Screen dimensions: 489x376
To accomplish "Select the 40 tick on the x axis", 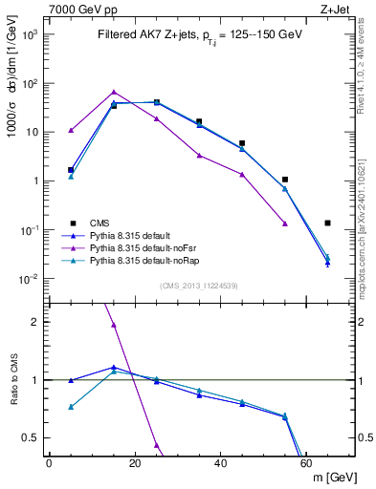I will (x=221, y=463).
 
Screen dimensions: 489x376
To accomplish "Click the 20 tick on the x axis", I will (x=135, y=463).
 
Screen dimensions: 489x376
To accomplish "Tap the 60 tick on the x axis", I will (x=307, y=463).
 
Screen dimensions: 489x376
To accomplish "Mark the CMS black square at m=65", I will (x=328, y=223).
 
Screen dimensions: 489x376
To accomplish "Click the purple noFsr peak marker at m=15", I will (x=114, y=93).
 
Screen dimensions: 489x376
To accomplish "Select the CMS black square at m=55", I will (x=285, y=180).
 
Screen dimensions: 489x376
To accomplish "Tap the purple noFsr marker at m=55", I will (x=285, y=223).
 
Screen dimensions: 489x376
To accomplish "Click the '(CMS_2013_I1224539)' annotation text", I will (x=199, y=284).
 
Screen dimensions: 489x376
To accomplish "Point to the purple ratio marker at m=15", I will (x=114, y=326).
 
